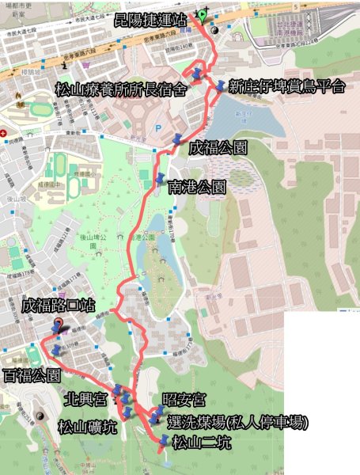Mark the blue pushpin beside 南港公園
161,177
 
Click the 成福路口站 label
60,304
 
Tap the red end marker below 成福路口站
58,323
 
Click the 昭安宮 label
178,397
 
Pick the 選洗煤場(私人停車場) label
238,423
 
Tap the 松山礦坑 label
88,427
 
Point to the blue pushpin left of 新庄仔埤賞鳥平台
218,85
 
